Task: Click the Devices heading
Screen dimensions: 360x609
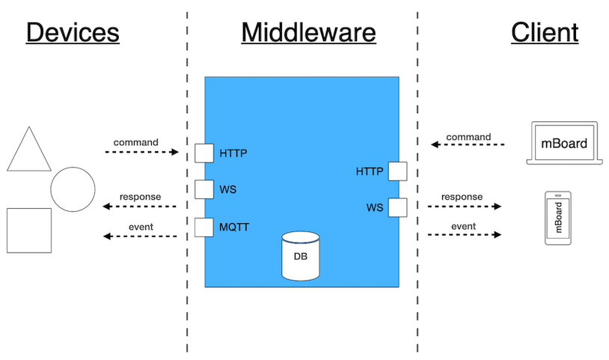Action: [x=73, y=33]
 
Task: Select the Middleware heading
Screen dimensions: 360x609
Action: [x=308, y=33]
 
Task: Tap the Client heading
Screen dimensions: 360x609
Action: [x=545, y=33]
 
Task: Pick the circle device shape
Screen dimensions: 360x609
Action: [x=73, y=189]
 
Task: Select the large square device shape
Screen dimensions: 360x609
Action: [x=29, y=230]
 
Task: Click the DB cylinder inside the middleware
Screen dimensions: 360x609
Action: [x=299, y=256]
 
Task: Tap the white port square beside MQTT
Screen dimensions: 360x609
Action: [x=204, y=227]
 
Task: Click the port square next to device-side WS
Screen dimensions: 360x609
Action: [x=204, y=189]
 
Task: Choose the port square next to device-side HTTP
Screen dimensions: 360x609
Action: [x=204, y=153]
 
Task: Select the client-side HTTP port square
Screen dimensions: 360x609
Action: [x=397, y=171]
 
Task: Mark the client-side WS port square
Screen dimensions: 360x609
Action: [x=397, y=207]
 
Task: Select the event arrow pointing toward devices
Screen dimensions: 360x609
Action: [x=141, y=237]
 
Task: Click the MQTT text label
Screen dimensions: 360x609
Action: [x=235, y=226]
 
